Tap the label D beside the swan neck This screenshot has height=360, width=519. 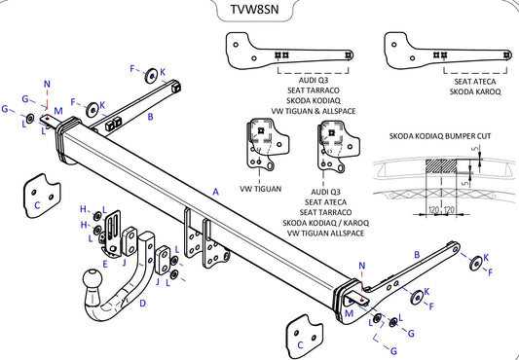click(x=143, y=303)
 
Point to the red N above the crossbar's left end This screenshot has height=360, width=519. click(x=47, y=85)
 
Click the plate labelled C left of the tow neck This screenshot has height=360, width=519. click(x=39, y=193)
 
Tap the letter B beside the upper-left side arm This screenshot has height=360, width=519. click(x=150, y=118)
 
